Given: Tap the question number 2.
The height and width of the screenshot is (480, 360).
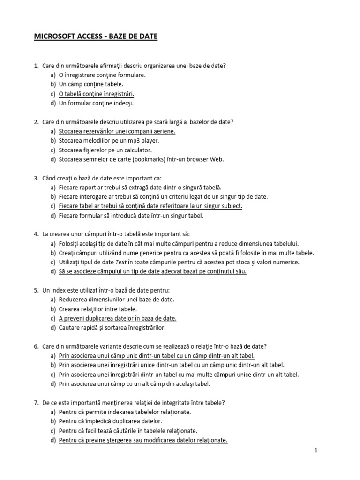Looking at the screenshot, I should tap(36, 122).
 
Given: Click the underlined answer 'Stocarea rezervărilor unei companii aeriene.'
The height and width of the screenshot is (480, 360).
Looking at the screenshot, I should tap(117, 131).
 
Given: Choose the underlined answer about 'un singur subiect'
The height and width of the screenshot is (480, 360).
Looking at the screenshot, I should tap(150, 206).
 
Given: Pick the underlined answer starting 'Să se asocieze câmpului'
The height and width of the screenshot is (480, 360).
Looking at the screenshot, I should tap(152, 271).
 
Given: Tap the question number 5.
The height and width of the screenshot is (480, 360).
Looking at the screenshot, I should tap(36, 290).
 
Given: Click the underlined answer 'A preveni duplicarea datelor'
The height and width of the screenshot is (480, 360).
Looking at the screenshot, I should tap(118, 318).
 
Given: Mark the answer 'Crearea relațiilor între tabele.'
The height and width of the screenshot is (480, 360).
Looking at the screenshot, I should tap(98, 309).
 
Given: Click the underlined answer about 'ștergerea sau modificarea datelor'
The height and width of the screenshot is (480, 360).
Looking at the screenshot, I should tap(143, 440).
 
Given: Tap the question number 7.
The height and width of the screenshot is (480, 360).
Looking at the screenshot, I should tap(36, 403).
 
